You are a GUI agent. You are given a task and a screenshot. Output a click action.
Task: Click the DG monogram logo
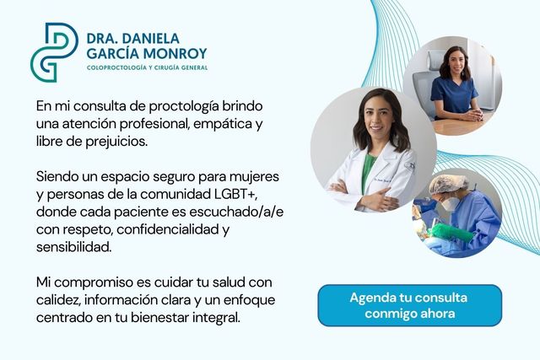tap(55, 51)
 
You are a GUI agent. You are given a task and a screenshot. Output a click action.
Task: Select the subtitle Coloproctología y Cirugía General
tap(147, 67)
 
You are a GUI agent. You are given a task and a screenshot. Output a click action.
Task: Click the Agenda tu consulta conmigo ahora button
tap(409, 305)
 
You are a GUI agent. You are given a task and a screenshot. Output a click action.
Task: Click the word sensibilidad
tap(73, 247)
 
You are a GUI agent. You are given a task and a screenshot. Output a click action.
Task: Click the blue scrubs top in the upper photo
tap(453, 98)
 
